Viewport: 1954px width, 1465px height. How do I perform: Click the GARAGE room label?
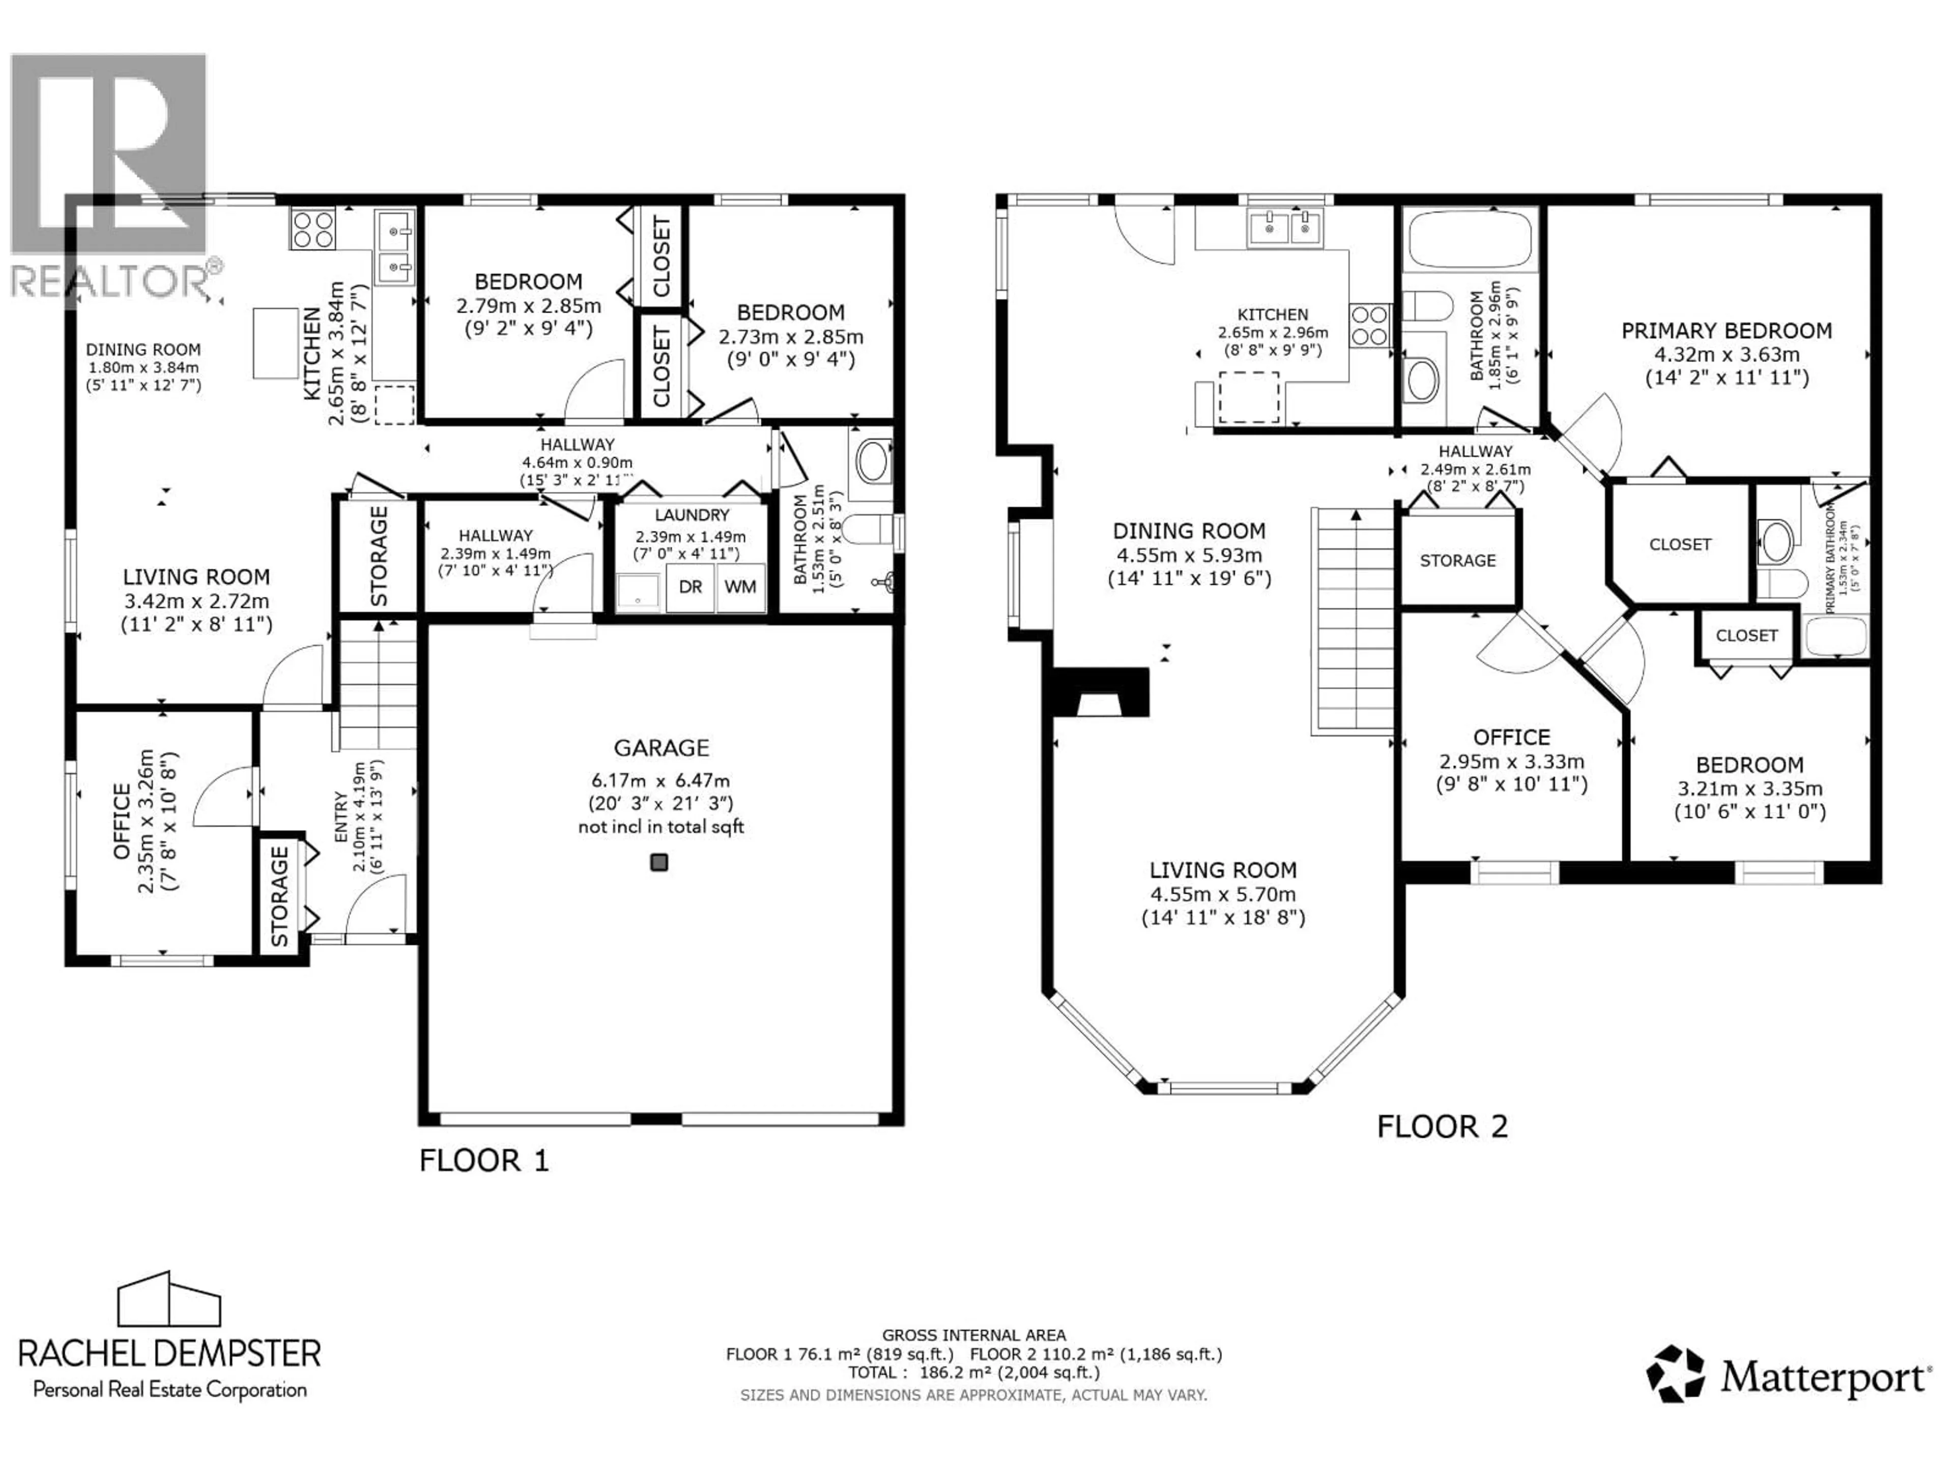(x=661, y=748)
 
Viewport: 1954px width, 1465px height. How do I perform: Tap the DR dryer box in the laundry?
(x=690, y=587)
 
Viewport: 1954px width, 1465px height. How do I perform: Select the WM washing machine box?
(x=740, y=587)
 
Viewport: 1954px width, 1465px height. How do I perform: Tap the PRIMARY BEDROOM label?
(x=1726, y=331)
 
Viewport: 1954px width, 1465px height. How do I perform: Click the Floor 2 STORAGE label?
(x=1457, y=561)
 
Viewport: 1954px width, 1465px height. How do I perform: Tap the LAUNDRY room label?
(x=692, y=515)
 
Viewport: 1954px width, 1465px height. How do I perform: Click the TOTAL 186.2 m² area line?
(x=973, y=1372)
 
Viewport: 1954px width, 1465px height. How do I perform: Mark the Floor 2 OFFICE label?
(x=1511, y=738)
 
